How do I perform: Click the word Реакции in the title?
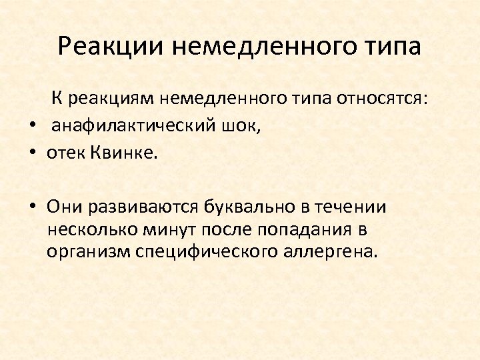111,47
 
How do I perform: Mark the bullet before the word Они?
32,207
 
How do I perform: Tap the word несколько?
90,230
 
